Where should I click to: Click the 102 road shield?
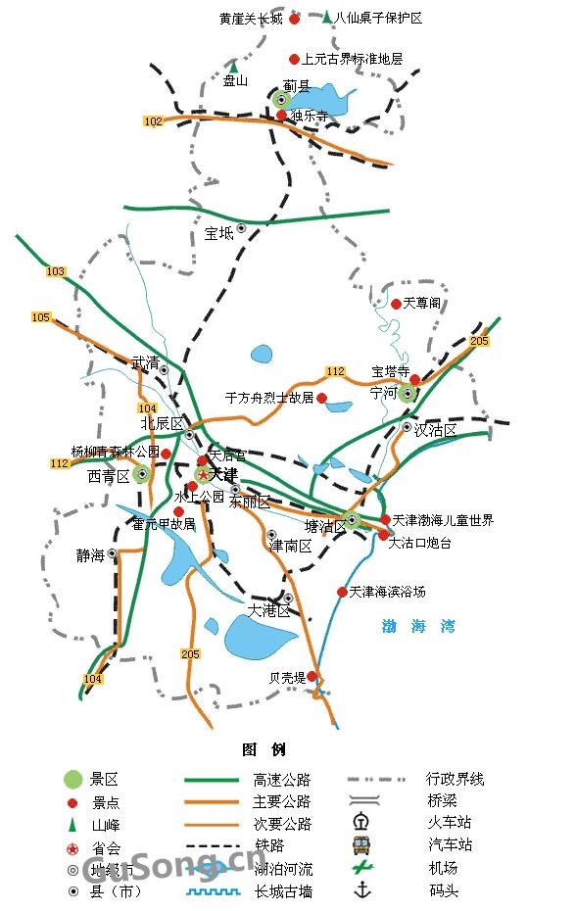pos(153,121)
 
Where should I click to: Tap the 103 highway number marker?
pos(56,271)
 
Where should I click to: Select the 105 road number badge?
pos(40,317)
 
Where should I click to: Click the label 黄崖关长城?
pos(251,19)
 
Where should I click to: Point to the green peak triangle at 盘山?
pos(233,66)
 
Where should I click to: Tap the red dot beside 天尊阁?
pos(396,304)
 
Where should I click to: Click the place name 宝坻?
pos(219,233)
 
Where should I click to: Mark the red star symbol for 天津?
pos(204,475)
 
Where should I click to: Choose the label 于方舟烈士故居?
pos(269,398)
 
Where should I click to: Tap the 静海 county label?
pos(90,555)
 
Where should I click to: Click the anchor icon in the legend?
pos(362,889)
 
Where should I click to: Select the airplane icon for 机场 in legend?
pos(362,867)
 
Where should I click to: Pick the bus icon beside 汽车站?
pos(362,844)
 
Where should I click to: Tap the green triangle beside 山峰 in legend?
pos(72,825)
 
